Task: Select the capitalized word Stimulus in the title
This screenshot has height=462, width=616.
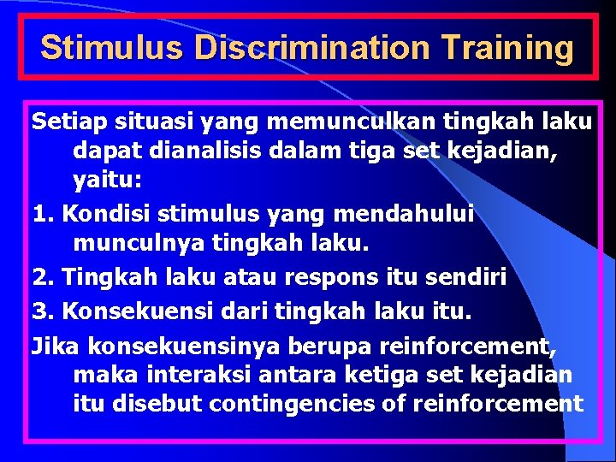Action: [111, 48]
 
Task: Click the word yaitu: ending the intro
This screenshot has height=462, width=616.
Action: [108, 181]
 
